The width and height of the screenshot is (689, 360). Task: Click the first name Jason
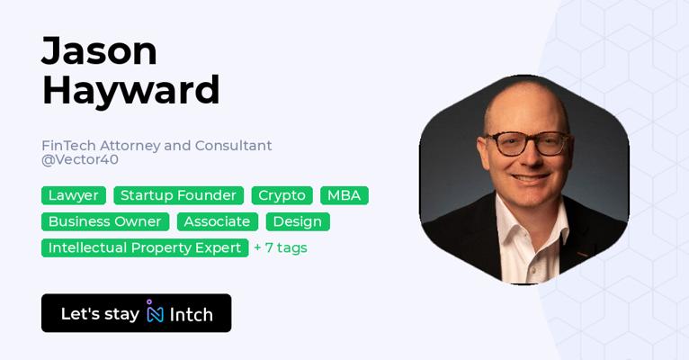click(99, 51)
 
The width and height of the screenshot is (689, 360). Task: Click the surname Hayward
click(130, 90)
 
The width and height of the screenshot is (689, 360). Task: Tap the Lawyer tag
click(74, 195)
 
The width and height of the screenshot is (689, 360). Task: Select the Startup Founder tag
click(178, 195)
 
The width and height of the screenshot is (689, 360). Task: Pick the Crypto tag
click(282, 195)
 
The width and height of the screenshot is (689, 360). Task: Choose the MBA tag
click(344, 195)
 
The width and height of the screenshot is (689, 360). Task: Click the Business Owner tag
click(105, 221)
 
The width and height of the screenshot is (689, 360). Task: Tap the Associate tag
click(218, 221)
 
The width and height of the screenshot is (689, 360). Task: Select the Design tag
click(298, 221)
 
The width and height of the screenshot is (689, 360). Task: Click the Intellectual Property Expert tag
click(145, 247)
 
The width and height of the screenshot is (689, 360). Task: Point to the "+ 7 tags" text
click(281, 247)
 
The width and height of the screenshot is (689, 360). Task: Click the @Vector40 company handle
click(80, 159)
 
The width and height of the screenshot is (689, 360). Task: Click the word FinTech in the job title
click(68, 146)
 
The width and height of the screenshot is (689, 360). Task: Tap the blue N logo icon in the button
click(155, 311)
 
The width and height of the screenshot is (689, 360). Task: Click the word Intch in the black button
click(192, 315)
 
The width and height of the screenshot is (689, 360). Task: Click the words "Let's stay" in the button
click(100, 314)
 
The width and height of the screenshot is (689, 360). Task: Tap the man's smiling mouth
click(531, 177)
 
